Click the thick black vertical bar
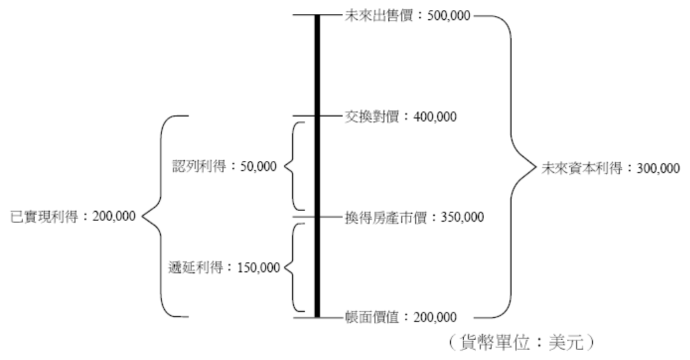pyautogui.click(x=317, y=165)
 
